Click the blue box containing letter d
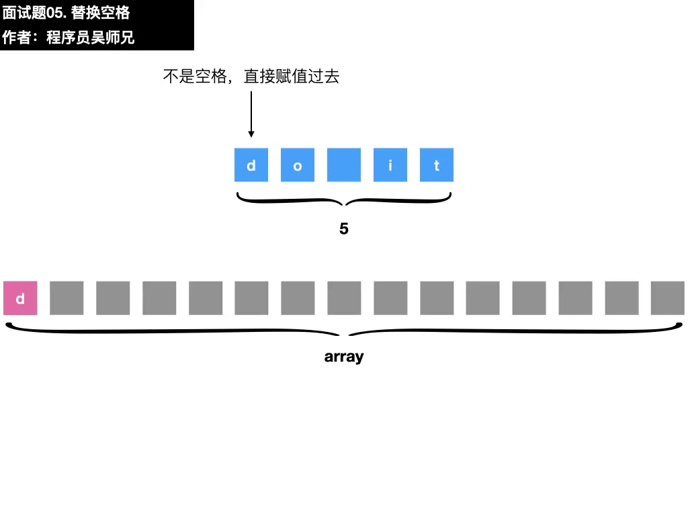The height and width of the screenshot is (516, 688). tap(251, 165)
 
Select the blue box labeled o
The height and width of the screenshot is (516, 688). tap(298, 165)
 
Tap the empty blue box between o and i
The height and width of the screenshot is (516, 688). tap(344, 165)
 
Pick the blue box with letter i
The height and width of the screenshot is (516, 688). tap(390, 165)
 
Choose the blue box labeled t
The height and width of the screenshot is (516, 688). tap(437, 165)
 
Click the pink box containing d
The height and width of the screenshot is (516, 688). tap(20, 298)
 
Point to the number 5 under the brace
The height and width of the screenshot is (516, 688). tap(344, 229)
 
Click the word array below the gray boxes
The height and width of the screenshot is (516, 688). tap(344, 357)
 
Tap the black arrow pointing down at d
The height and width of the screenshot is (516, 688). tap(251, 114)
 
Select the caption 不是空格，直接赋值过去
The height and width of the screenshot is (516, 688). tap(251, 77)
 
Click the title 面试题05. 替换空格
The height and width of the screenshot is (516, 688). tap(66, 13)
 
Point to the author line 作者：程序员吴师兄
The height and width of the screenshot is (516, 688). tap(69, 38)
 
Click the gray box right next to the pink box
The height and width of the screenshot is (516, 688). tap(67, 298)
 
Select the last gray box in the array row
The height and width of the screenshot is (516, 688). tap(668, 298)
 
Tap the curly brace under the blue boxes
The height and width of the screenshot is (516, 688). tap(344, 200)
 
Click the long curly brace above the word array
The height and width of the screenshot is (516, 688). tap(344, 331)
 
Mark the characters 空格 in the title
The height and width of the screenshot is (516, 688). tap(115, 13)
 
